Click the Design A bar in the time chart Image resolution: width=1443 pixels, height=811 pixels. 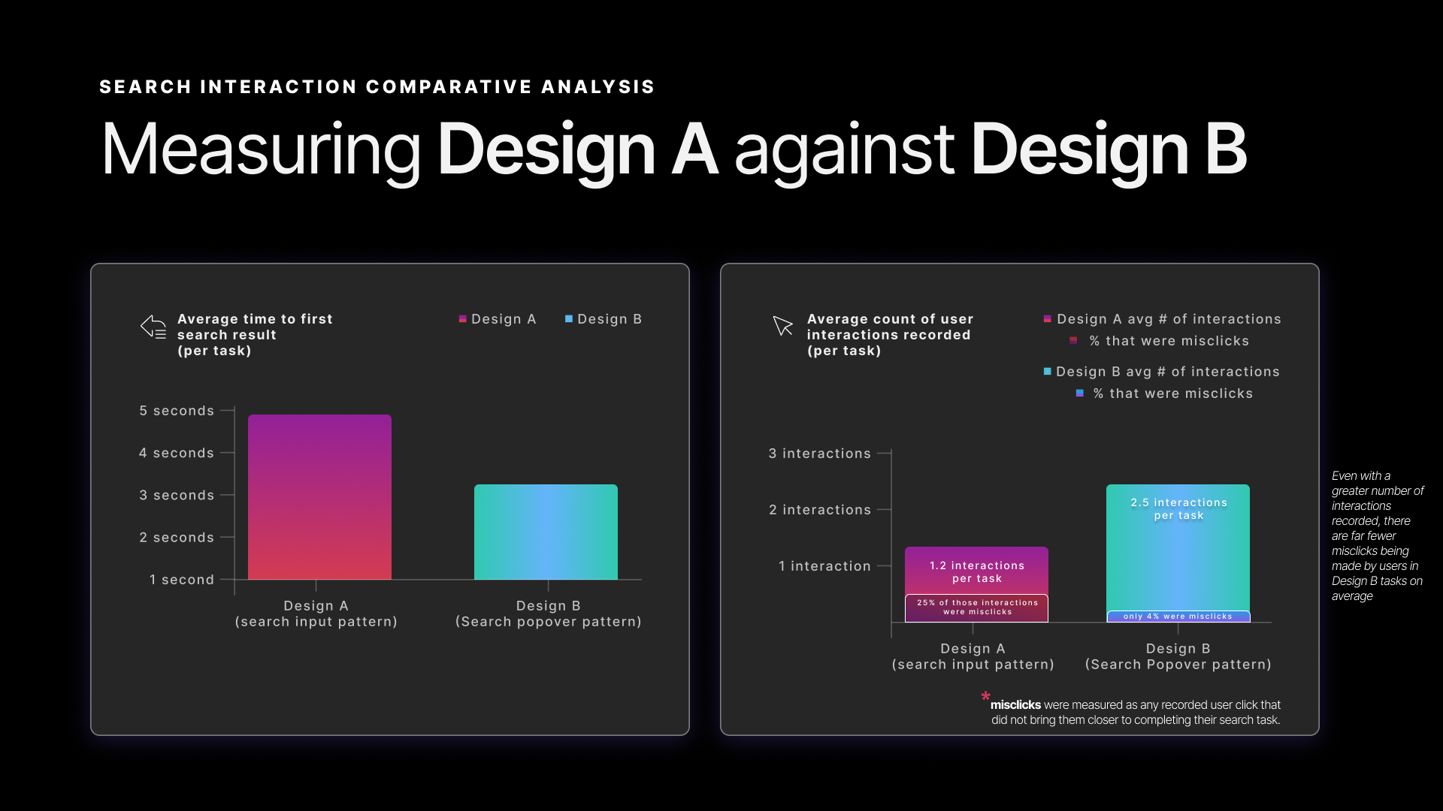coord(319,496)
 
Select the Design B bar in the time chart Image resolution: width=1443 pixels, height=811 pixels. coord(546,532)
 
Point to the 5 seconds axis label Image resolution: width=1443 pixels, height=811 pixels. coord(177,411)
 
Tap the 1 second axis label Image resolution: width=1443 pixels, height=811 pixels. coord(182,580)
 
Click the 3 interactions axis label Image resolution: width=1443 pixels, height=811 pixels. coord(819,454)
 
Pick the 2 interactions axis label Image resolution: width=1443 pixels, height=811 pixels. coord(819,510)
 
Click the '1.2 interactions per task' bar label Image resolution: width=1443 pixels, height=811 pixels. coord(976,571)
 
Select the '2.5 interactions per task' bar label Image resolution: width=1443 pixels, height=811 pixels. coord(1178,508)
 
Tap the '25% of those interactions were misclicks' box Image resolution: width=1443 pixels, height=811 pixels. coord(976,607)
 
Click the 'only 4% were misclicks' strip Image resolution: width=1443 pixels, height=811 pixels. coord(1178,617)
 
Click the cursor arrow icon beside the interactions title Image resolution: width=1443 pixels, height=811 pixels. coord(782,326)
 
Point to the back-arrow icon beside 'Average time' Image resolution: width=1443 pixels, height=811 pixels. coord(153,327)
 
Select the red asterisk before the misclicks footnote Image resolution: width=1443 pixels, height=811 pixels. coord(985,697)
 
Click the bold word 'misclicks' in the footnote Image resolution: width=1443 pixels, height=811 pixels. coord(1015,705)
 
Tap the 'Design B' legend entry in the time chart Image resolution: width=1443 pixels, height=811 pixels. coord(604,319)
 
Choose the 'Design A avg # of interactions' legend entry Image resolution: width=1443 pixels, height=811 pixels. coord(1163,319)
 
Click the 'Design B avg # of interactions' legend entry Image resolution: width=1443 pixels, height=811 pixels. coord(1162,372)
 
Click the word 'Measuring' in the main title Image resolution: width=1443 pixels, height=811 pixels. coord(261,149)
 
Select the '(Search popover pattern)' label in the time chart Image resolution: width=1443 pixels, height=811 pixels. coord(548,622)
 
